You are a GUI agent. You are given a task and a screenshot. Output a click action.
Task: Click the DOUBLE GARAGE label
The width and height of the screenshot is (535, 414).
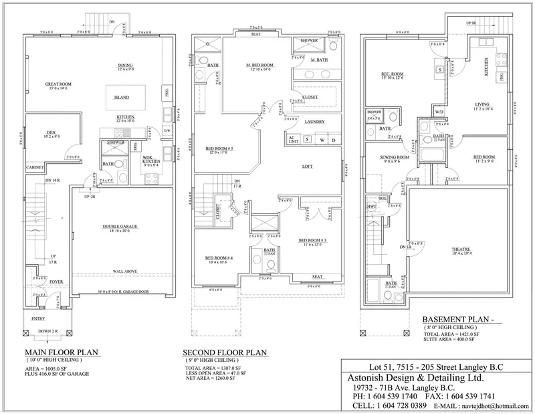click(121, 227)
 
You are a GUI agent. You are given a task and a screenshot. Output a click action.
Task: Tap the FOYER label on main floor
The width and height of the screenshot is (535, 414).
click(56, 283)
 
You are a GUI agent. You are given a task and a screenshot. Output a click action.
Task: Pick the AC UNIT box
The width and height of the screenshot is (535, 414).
click(292, 140)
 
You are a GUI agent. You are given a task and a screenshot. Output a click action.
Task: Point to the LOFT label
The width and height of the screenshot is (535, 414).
click(307, 166)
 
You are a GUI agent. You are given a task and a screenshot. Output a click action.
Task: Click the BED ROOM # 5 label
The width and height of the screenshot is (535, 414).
click(219, 148)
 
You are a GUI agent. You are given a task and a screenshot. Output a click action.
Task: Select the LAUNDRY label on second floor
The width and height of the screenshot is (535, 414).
click(314, 122)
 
